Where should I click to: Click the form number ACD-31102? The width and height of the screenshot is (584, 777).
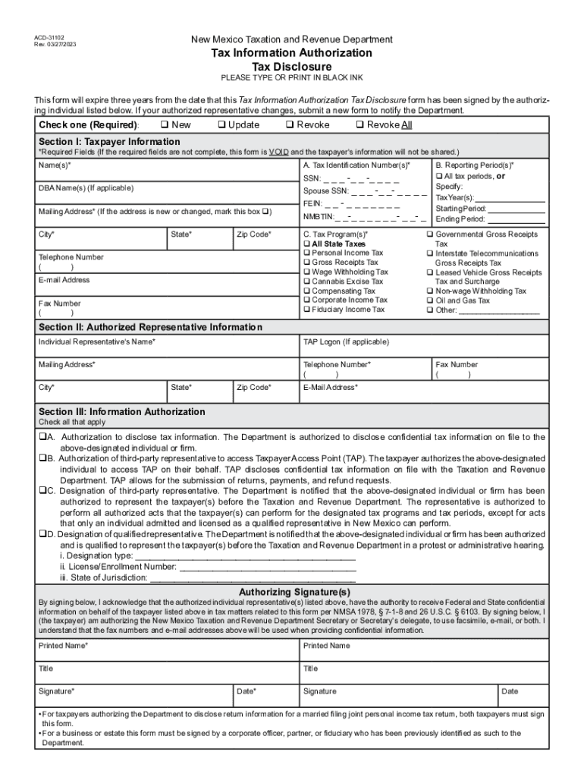click(x=49, y=36)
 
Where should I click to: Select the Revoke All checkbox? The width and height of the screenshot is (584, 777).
click(x=360, y=125)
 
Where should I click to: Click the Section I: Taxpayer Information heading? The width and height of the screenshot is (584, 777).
click(x=109, y=142)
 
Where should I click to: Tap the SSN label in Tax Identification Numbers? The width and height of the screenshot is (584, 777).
click(x=312, y=179)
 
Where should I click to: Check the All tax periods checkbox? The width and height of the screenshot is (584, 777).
click(x=439, y=176)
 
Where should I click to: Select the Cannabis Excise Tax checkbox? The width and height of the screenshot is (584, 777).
click(x=307, y=282)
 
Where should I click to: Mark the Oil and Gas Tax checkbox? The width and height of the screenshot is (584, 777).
click(x=430, y=300)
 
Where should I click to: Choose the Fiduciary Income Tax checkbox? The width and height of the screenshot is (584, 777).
click(x=307, y=310)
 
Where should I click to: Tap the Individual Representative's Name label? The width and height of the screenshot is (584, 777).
click(x=97, y=342)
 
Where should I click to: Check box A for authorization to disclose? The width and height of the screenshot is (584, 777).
click(x=42, y=438)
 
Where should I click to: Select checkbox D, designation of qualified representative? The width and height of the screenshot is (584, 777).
click(x=42, y=534)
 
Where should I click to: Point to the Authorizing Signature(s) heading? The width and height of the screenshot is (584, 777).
click(x=294, y=592)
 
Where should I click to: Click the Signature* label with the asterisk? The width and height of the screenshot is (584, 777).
click(x=56, y=691)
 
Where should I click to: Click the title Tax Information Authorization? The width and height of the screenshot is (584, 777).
click(x=291, y=53)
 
